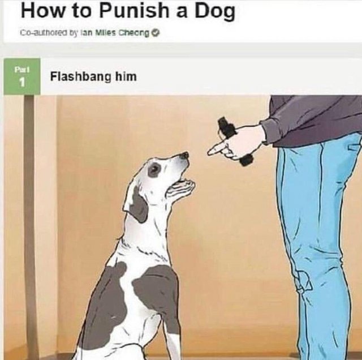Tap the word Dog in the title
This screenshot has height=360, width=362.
[x=215, y=12]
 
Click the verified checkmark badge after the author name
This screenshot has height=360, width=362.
[x=156, y=33]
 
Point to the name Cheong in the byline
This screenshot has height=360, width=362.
[x=134, y=33]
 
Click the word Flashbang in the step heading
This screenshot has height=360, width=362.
[x=80, y=76]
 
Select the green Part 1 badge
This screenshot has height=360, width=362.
[x=22, y=76]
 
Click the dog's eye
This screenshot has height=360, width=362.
[x=153, y=170]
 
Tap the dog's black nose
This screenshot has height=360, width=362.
[x=185, y=155]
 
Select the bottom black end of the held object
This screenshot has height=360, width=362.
[x=247, y=160]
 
